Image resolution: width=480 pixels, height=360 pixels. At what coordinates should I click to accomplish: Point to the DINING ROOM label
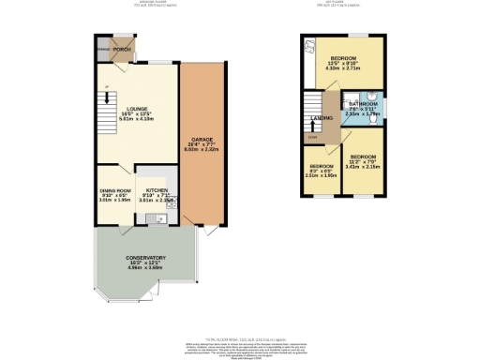click(x=115, y=190)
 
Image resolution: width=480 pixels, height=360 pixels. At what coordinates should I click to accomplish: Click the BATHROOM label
click(x=360, y=105)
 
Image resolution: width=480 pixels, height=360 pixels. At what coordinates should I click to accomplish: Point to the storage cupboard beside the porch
click(x=103, y=49)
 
